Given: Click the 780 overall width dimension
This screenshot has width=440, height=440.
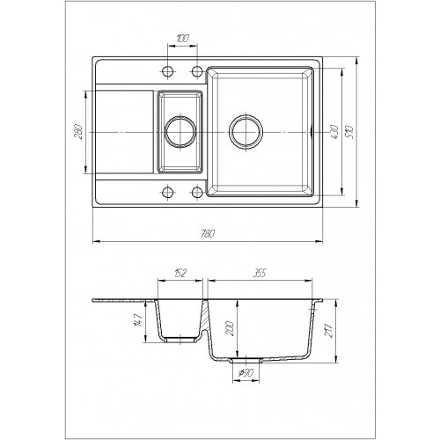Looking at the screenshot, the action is click(x=208, y=233).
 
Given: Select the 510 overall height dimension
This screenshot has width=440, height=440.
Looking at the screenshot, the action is click(x=350, y=132).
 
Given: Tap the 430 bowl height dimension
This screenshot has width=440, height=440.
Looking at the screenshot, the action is click(x=334, y=132).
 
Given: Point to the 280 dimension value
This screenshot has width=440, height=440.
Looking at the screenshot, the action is click(x=78, y=132).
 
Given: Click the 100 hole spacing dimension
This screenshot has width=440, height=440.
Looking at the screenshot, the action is click(x=182, y=39).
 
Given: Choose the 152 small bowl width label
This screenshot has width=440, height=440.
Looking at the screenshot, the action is click(x=180, y=273).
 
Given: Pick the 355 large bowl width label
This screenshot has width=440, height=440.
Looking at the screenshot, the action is click(x=260, y=273).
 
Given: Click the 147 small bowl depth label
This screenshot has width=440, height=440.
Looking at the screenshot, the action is click(x=139, y=320).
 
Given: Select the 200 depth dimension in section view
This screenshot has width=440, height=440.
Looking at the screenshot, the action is click(x=230, y=328).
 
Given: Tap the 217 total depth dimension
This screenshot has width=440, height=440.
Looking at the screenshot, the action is click(x=330, y=331).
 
